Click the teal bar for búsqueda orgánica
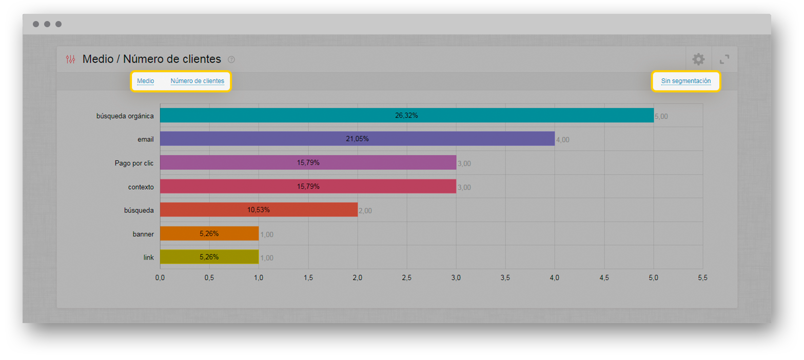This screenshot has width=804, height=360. tap(407, 115)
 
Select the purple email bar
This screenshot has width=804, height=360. tap(357, 138)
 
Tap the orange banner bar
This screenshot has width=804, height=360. tap(209, 233)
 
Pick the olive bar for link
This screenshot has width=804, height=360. tap(209, 256)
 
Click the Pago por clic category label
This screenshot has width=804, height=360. tap(134, 163)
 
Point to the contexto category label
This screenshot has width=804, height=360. tap(141, 187)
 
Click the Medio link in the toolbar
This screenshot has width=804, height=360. tap(145, 81)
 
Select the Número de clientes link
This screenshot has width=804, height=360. tap(198, 81)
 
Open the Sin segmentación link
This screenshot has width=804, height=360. tap(686, 81)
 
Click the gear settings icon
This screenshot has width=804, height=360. tap(698, 59)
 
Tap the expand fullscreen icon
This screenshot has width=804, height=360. tap(724, 59)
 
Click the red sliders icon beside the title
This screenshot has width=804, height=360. tap(70, 59)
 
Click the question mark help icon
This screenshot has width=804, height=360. tap(231, 59)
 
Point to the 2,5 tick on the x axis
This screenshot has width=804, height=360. tap(407, 278)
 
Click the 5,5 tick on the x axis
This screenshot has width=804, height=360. tap(703, 278)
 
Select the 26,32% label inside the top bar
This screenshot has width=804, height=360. tap(407, 115)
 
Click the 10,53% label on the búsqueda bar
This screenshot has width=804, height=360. tap(259, 210)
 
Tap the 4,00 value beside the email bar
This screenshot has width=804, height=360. tap(563, 139)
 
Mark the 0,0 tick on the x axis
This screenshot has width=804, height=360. tap(160, 278)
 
